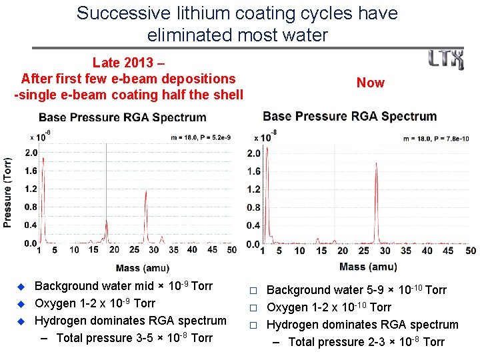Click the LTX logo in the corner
click(x=446, y=59)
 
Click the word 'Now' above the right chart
click(x=370, y=83)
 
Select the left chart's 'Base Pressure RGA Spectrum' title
click(x=122, y=117)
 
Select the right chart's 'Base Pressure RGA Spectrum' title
click(x=349, y=116)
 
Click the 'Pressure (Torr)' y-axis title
click(x=8, y=193)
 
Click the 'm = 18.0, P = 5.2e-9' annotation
click(x=199, y=137)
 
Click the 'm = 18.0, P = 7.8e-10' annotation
click(x=437, y=139)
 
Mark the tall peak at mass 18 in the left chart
click(x=107, y=193)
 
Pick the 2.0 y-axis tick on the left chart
click(x=31, y=153)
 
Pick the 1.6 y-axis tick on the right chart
click(x=253, y=171)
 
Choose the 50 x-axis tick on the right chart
click(x=470, y=251)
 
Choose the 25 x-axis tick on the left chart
click(x=134, y=250)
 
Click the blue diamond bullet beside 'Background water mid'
click(x=20, y=287)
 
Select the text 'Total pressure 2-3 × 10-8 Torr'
click(x=366, y=342)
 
